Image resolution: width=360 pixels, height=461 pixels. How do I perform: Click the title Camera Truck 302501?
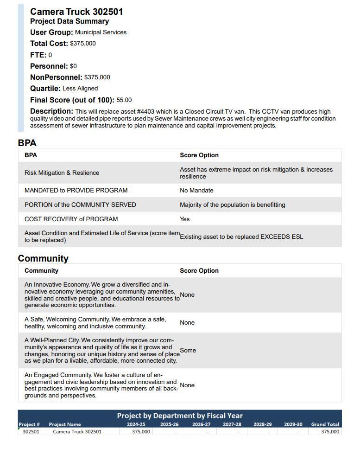76,12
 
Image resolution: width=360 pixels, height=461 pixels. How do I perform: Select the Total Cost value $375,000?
83,44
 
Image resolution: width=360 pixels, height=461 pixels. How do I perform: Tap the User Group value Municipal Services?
101,32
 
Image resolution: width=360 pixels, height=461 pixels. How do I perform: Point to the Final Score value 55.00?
124,100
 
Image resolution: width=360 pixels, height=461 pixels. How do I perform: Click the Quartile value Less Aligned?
80,89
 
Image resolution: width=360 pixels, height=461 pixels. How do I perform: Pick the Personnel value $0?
73,66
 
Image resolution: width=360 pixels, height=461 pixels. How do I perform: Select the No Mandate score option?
196,191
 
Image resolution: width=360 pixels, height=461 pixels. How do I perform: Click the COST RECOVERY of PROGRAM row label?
71,219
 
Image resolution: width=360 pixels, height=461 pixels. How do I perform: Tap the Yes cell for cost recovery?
185,219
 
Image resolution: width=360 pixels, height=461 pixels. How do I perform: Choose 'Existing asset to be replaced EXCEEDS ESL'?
241,237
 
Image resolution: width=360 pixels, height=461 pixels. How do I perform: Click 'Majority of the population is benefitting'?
233,205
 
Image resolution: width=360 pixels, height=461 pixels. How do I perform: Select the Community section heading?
43,259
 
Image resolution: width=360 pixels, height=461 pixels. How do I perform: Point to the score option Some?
188,351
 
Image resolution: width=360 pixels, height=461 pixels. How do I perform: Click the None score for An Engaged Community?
187,385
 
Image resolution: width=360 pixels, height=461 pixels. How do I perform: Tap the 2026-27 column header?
201,424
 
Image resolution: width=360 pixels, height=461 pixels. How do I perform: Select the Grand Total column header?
325,424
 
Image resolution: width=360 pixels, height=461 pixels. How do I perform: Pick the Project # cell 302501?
31,432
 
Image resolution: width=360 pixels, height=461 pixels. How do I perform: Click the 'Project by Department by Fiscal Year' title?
180,416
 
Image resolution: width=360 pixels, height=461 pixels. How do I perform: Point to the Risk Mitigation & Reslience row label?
62,173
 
